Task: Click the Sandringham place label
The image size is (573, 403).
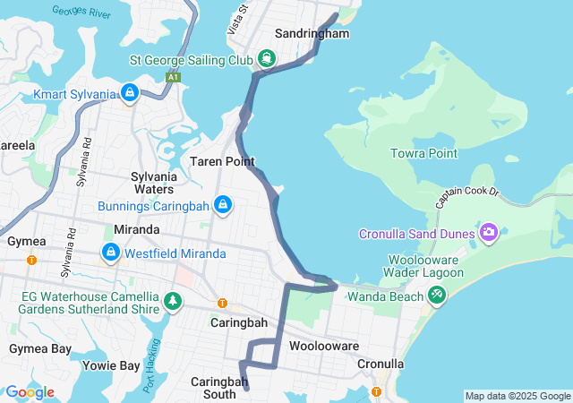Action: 311,33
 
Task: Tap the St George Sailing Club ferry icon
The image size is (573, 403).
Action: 267,60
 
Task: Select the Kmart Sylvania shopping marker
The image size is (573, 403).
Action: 130,93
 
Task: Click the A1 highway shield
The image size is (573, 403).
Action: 172,78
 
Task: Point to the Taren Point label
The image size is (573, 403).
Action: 222,162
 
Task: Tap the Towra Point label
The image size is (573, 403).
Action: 423,153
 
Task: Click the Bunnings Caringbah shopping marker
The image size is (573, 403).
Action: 223,205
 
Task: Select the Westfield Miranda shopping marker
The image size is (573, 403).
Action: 110,253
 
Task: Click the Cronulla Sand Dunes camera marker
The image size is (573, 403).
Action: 488,234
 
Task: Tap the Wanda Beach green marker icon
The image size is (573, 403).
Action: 436,295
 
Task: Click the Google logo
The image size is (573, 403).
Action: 30,392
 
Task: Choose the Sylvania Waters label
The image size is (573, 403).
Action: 152,183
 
